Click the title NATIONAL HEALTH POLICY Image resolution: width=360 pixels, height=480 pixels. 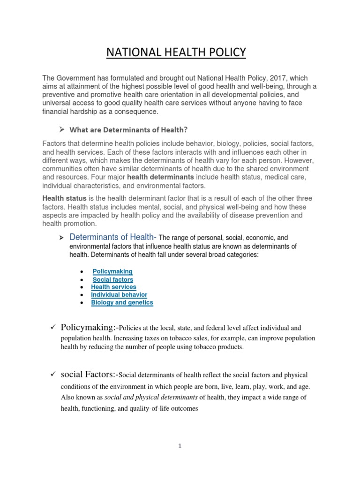click(176, 52)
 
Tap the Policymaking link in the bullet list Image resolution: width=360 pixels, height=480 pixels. click(112, 271)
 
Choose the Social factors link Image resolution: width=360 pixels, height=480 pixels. click(112, 279)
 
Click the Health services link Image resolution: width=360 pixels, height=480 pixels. click(113, 287)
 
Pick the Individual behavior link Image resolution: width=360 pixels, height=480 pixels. click(119, 295)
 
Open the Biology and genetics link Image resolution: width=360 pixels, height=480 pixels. click(122, 303)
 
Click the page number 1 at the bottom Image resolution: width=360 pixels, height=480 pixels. click(180, 446)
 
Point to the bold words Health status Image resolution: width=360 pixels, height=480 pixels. click(64, 198)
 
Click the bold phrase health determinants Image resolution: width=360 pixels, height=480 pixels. click(160, 177)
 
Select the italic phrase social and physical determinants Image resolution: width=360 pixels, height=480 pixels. click(146, 397)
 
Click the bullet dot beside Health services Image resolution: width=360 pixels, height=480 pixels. click(82, 287)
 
